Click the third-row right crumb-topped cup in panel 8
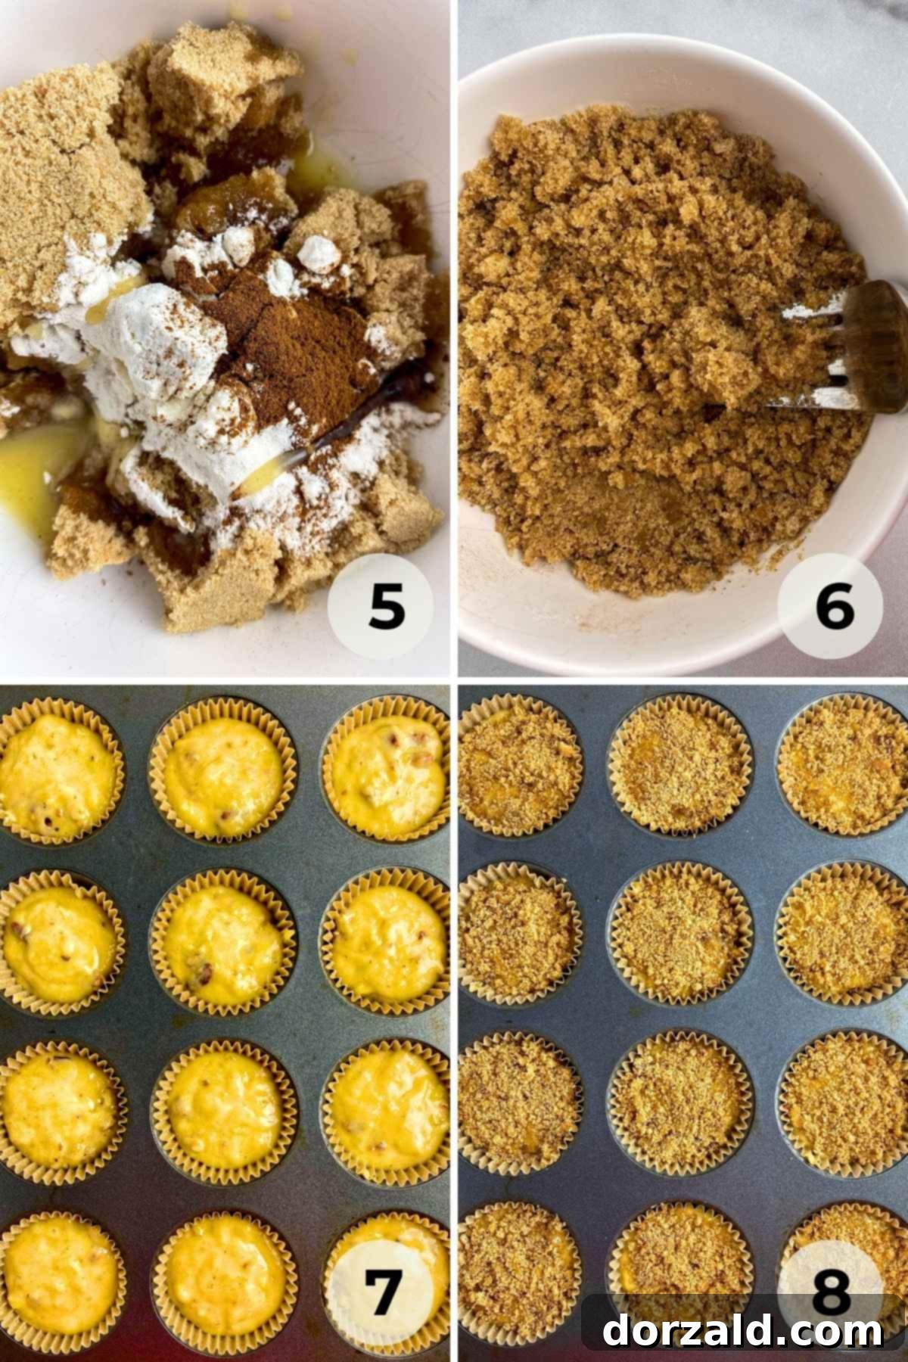point(844,1105)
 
